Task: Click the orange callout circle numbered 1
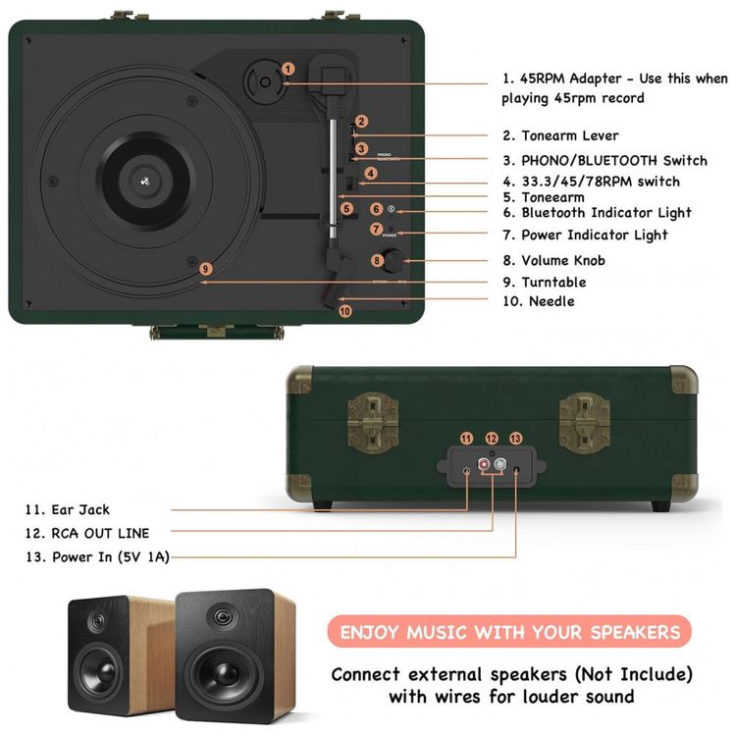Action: tap(288, 69)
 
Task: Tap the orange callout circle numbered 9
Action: tap(205, 269)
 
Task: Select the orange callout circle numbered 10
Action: tap(344, 311)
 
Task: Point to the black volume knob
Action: tap(394, 260)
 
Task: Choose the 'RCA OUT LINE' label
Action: tap(87, 533)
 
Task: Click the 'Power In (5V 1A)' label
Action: tap(98, 556)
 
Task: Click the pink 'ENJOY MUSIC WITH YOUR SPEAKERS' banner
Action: tap(509, 632)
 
